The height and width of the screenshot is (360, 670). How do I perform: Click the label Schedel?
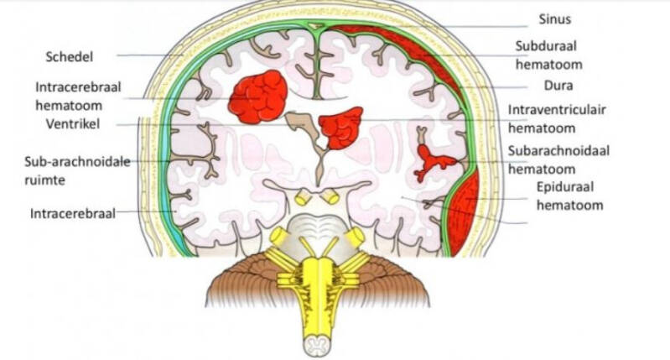pos(70,56)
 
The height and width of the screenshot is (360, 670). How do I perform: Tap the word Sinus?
pos(555,18)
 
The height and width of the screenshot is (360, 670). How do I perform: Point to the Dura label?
pos(535,86)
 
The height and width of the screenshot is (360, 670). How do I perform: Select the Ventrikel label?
pos(73,124)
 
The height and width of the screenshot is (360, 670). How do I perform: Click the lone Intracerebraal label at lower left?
pos(72,213)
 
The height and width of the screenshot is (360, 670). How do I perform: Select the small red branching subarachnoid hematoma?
pos(435,159)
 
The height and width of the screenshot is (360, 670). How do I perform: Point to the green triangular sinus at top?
pos(314,29)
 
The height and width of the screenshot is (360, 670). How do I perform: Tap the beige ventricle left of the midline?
pos(300,126)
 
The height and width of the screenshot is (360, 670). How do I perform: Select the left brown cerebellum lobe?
pos(243,282)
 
